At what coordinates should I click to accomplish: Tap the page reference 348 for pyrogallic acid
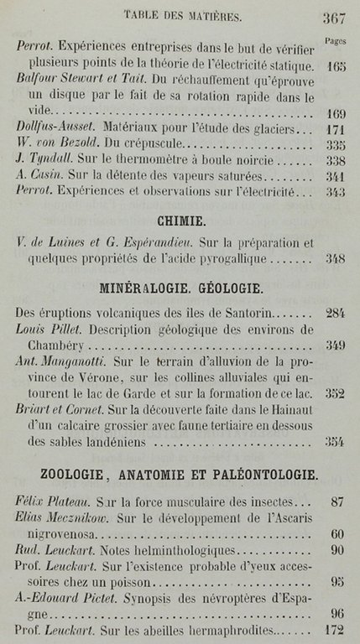[x=335, y=259]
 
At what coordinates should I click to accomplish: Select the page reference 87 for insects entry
[x=338, y=502]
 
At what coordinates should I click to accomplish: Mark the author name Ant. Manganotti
[x=64, y=361]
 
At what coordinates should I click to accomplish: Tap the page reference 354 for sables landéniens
[x=335, y=441]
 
